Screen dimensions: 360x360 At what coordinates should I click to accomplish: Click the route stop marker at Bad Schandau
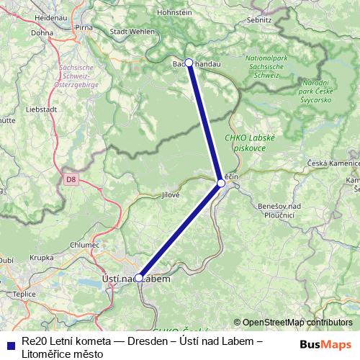coord(189,63)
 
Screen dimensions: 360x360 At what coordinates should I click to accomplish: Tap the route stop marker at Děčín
coord(221,183)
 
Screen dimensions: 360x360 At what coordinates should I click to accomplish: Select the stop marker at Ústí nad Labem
coord(139,277)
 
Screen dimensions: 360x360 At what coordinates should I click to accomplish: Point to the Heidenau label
coord(30,16)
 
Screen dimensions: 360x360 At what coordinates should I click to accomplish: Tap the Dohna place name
coord(42,32)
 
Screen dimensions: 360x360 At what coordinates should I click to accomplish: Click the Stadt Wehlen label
coord(132,32)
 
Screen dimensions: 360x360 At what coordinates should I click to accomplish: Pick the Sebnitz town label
coord(261,21)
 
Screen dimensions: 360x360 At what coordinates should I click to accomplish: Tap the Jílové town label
coord(170,194)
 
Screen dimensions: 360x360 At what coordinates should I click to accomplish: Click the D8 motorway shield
coord(70,179)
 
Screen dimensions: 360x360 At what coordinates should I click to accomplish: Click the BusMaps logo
coord(326,344)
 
